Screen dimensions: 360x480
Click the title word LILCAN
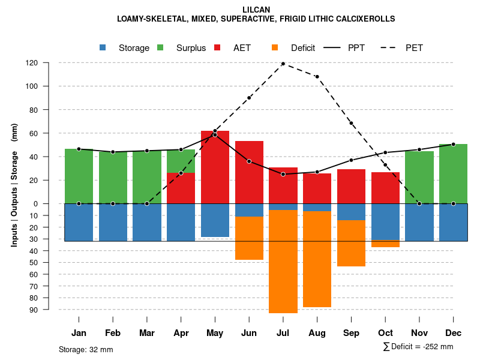point(256,10)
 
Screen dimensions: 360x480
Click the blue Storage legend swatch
point(103,47)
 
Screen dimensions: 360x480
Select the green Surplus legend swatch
point(160,47)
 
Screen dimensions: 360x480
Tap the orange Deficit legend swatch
point(275,47)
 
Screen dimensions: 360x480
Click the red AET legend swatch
point(217,47)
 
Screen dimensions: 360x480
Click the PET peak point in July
point(283,64)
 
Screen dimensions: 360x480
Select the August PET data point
point(317,77)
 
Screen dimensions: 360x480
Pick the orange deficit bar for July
point(283,261)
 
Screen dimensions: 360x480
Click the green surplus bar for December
point(453,174)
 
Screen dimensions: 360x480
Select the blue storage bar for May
point(215,220)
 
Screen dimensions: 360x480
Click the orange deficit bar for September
point(351,243)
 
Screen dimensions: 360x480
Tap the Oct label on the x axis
point(385,333)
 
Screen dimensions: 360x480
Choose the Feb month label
point(113,333)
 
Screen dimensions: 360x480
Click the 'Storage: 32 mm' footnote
point(86,349)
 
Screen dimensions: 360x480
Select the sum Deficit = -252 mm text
point(418,347)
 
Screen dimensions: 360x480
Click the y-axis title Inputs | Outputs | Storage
point(14,185)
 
